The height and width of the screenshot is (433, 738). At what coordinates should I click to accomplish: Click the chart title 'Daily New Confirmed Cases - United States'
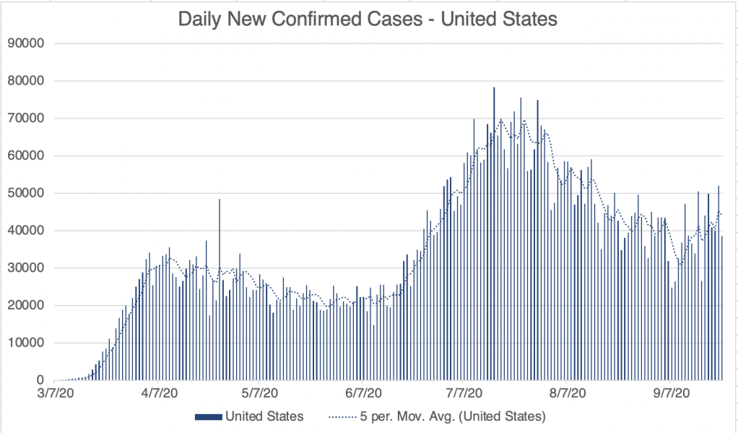pos(368,19)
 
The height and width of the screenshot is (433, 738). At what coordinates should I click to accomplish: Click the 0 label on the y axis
pos(41,381)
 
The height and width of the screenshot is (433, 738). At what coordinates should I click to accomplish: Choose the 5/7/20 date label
pos(258,393)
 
